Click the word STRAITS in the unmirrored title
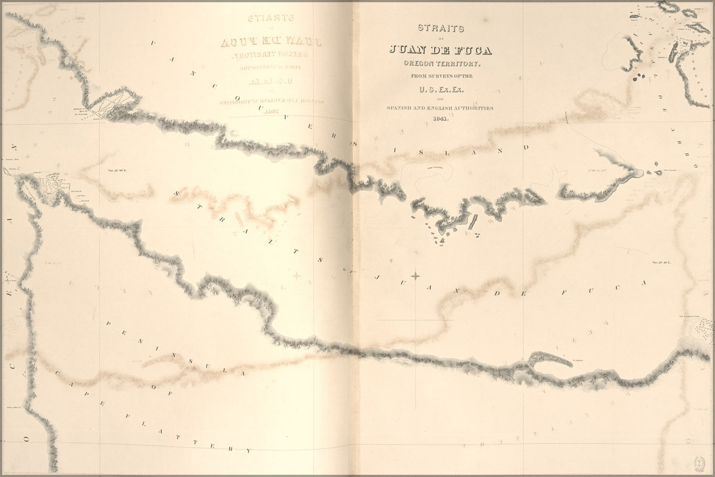440,28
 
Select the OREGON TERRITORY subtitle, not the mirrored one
440,63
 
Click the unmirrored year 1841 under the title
440,119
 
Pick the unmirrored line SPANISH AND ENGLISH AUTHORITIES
440,108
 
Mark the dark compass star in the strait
416,276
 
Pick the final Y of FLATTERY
248,450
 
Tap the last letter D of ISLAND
527,147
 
